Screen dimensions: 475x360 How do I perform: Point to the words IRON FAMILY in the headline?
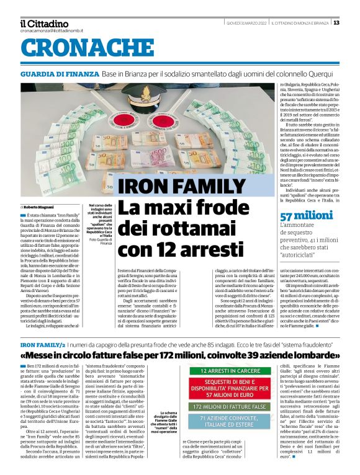click(x=172, y=187)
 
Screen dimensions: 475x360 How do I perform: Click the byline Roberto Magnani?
click(x=42, y=206)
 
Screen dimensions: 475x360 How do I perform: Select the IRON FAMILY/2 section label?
click(x=42, y=343)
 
